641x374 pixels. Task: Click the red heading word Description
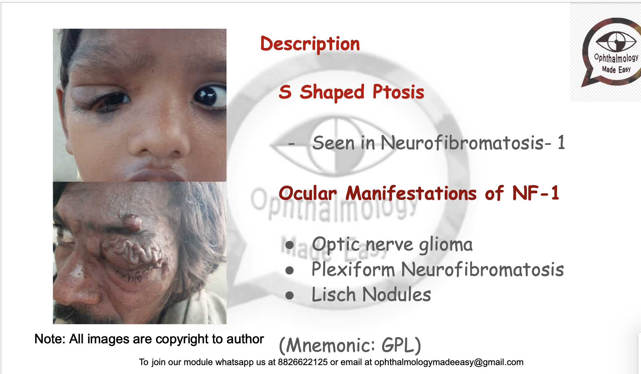[310, 44]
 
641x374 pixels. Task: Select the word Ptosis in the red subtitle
[398, 92]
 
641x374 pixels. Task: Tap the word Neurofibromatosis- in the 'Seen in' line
[466, 143]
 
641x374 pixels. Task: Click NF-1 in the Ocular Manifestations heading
[536, 193]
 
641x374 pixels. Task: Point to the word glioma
[446, 245]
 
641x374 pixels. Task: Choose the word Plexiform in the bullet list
[353, 269]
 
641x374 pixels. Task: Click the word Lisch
[333, 295]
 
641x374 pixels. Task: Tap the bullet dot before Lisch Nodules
[290, 295]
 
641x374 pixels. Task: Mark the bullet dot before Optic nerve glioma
[290, 245]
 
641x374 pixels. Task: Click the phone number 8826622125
[303, 362]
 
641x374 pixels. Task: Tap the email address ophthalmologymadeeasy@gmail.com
[449, 362]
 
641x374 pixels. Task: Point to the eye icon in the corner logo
[616, 41]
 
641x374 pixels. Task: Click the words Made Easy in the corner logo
[616, 70]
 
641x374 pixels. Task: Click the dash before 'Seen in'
[291, 144]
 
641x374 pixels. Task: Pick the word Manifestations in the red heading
[411, 193]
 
